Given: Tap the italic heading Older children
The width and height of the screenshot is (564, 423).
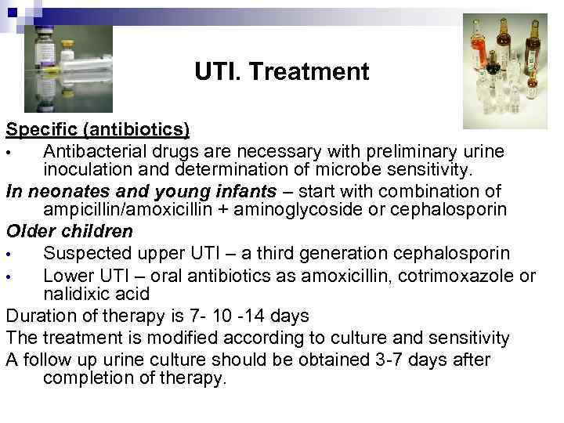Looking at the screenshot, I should pyautogui.click(x=70, y=233).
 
